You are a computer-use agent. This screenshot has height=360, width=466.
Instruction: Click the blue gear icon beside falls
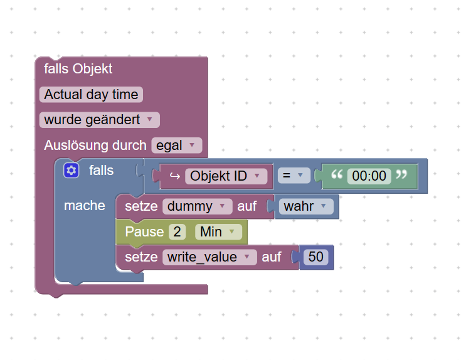point(71,170)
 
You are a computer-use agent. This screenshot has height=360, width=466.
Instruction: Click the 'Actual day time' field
point(91,95)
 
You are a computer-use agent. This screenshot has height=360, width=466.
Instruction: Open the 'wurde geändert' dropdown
point(99,120)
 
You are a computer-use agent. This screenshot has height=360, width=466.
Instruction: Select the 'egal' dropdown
point(176,146)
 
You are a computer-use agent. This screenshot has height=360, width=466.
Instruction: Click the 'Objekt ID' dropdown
point(225,176)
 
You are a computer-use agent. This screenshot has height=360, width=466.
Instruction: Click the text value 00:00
point(369,176)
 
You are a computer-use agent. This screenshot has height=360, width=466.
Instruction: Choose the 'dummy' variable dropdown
point(197,206)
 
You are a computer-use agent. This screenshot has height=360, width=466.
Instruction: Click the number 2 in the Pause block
point(177,232)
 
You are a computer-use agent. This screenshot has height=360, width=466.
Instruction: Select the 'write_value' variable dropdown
point(209,257)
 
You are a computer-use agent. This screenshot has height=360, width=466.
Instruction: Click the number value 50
point(315,257)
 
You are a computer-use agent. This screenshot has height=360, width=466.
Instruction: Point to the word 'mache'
point(85,206)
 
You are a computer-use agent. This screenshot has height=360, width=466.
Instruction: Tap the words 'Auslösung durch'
point(95,146)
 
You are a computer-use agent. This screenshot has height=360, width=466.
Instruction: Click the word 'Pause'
point(144,232)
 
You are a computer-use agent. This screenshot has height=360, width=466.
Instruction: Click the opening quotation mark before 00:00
point(337,175)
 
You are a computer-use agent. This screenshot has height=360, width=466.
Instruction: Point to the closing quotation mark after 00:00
point(402,175)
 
